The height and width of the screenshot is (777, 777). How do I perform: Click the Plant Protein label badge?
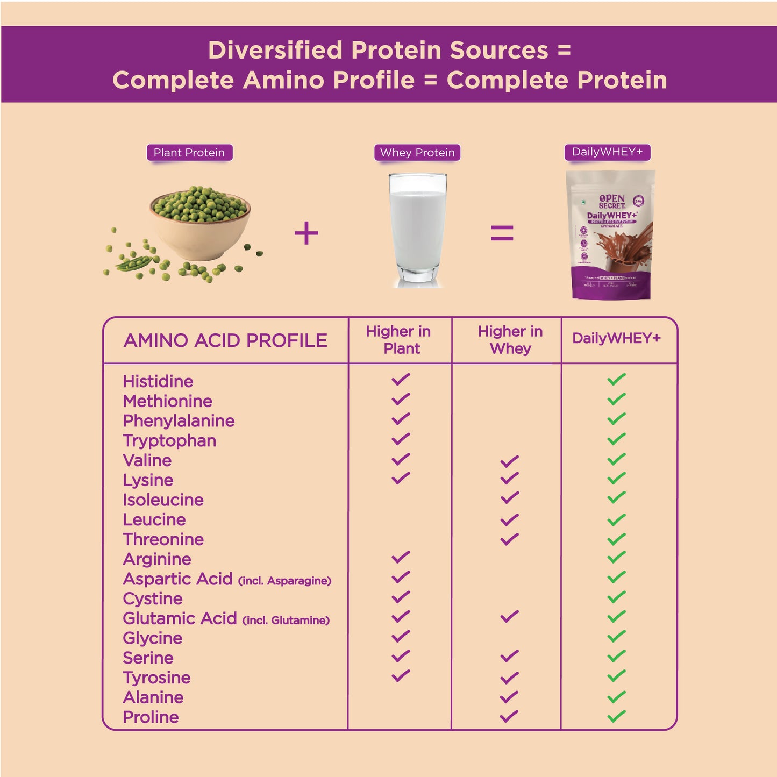click(x=189, y=153)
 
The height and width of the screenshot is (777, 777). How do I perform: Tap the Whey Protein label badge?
click(x=417, y=153)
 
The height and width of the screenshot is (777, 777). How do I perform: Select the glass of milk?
click(x=418, y=230)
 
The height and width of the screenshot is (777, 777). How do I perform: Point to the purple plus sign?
click(x=306, y=233)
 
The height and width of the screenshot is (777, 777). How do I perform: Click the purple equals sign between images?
click(x=502, y=233)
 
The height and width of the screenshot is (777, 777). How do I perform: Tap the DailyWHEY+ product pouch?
click(x=611, y=234)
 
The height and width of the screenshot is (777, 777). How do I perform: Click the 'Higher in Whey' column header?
click(x=510, y=340)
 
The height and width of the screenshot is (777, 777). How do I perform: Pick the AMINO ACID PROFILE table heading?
click(x=225, y=340)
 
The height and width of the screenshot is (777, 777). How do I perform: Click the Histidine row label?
click(x=158, y=381)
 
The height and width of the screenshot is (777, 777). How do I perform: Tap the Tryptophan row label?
click(x=169, y=441)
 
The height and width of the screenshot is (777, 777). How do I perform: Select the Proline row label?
click(x=151, y=717)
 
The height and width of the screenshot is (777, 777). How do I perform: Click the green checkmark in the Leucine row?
click(x=616, y=519)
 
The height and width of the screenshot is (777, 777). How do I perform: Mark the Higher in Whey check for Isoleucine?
click(x=509, y=498)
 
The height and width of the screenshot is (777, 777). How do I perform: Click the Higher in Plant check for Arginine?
click(x=401, y=557)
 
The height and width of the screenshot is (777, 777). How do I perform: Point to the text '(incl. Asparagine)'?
click(x=284, y=581)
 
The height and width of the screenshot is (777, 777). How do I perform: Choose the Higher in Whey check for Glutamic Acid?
click(x=509, y=616)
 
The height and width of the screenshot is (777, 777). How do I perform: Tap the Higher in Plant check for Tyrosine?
click(x=401, y=675)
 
